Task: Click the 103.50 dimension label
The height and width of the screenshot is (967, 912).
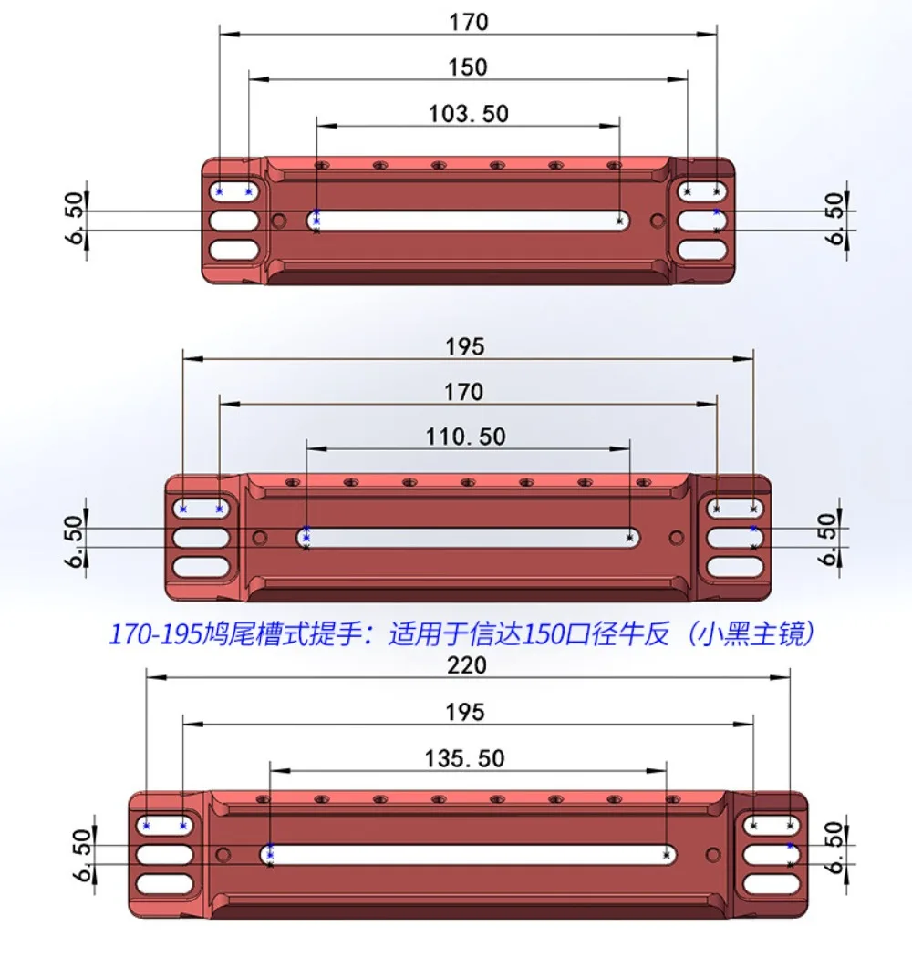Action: point(469,114)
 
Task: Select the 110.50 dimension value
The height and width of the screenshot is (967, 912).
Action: point(466,437)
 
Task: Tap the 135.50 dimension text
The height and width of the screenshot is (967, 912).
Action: point(464,758)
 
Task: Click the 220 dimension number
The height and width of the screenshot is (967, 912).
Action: point(467,665)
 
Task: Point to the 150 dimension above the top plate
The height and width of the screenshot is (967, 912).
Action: point(468,67)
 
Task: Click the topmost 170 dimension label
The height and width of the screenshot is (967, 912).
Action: point(469,22)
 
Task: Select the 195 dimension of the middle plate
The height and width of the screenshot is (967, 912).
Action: point(465,346)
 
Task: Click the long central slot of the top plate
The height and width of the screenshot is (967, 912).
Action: point(469,221)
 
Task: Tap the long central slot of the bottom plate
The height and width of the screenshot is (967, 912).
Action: point(468,855)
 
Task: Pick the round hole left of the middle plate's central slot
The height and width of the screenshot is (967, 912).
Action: point(260,538)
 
